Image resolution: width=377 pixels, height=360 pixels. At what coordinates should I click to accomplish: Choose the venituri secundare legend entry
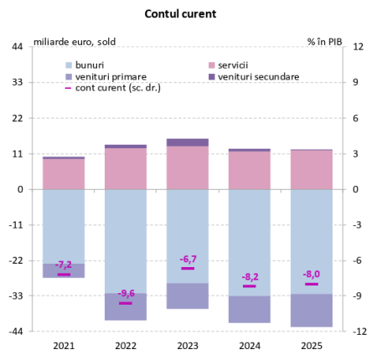coord(257,75)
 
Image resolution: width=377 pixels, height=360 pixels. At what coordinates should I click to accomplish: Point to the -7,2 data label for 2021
coord(64,265)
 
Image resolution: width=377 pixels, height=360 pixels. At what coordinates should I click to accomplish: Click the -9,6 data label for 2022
coord(126,294)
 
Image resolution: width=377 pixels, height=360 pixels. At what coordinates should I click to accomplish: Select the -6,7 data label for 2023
coord(188,260)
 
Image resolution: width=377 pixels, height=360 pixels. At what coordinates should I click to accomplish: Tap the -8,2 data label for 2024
coord(250,277)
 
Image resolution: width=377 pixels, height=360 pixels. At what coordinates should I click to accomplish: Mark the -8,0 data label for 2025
coord(312,275)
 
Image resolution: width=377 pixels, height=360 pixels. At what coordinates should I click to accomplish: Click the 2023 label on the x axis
coord(188,345)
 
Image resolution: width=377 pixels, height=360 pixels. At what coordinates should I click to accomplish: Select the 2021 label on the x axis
coord(64,345)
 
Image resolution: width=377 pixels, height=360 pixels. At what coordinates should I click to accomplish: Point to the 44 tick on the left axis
coord(17,47)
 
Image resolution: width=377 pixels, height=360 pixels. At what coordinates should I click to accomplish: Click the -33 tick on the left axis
coord(15,296)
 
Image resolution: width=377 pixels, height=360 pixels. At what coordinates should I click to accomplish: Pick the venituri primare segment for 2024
coord(250,309)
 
